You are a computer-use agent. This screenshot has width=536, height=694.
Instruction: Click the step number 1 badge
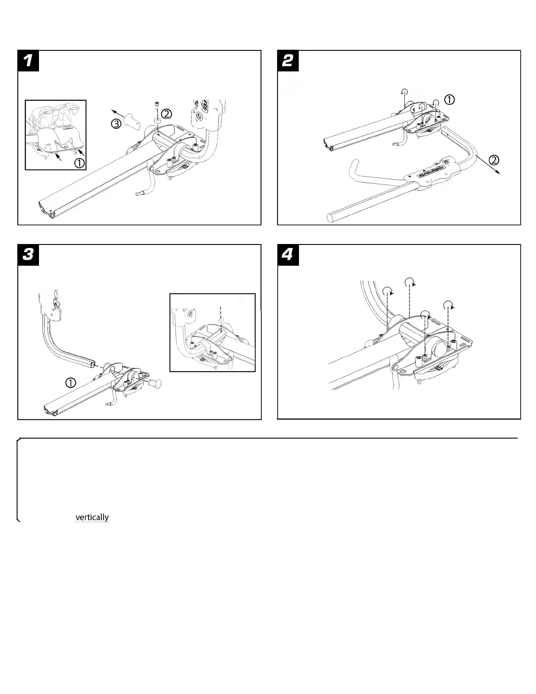click(28, 60)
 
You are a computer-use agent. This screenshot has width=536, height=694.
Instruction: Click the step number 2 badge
click(288, 60)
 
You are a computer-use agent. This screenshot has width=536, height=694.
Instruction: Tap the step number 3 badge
click(28, 255)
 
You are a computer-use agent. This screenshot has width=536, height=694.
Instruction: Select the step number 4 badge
click(288, 255)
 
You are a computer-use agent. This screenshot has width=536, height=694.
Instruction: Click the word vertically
click(92, 517)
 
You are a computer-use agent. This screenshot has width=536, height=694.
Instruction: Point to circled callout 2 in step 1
click(166, 113)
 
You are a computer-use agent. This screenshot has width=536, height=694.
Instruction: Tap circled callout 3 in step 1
click(116, 124)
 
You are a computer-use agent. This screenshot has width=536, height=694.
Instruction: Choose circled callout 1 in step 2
click(449, 100)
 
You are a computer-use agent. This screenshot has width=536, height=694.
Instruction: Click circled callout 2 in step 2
click(494, 160)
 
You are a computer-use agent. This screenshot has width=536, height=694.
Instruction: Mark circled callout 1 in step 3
click(71, 382)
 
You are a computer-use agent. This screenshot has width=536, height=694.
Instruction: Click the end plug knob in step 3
click(157, 383)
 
